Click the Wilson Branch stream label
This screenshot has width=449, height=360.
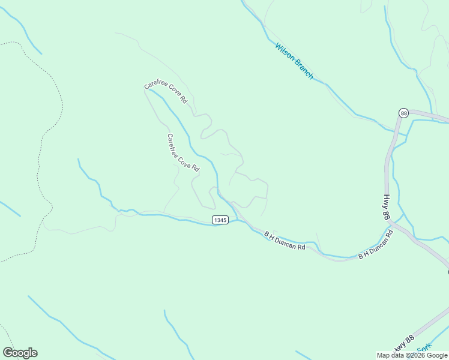(x=294, y=61)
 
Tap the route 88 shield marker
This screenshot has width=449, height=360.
(x=403, y=113)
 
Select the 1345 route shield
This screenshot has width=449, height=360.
(x=220, y=220)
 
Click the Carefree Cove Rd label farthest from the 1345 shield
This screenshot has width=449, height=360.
(x=166, y=93)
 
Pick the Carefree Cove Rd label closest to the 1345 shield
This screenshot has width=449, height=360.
(x=182, y=153)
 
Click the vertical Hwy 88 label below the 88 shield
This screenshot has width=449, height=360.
(x=387, y=208)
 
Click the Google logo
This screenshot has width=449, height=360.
(x=20, y=353)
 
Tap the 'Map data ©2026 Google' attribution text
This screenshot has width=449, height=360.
(x=412, y=355)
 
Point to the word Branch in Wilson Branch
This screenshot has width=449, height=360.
(x=303, y=70)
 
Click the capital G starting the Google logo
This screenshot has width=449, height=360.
(x=8, y=353)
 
